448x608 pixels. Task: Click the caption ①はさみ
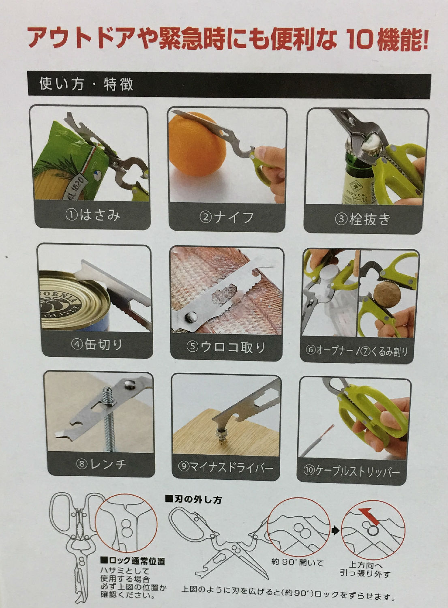click(92, 216)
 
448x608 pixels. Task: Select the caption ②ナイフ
click(227, 217)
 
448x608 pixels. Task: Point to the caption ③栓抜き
click(363, 219)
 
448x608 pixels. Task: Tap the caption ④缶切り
click(96, 345)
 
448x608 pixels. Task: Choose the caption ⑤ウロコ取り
click(226, 347)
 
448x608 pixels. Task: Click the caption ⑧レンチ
click(101, 465)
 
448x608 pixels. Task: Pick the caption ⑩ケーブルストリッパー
click(352, 471)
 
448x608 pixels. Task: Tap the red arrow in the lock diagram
click(370, 516)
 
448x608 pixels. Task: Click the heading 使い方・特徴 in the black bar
click(86, 83)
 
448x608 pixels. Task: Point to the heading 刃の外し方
click(193, 499)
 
